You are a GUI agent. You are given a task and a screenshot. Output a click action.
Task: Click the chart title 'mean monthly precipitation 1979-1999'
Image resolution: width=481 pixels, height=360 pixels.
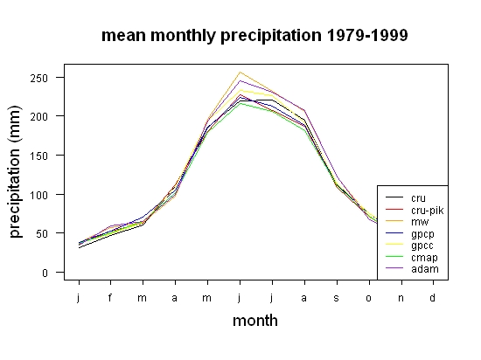coord(254,36)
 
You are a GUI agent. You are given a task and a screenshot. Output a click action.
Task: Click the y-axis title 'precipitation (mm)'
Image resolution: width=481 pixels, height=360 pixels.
coord(15,171)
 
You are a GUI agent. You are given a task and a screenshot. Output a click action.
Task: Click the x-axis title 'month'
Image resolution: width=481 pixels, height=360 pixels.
coord(255,321)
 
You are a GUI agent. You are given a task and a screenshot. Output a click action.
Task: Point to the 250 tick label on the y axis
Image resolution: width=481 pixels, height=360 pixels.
coord(39,78)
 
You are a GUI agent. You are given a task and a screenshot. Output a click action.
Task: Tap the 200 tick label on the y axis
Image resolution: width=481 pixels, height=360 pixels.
coord(39,117)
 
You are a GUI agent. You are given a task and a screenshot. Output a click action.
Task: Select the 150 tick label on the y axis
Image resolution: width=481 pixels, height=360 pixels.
coord(39,156)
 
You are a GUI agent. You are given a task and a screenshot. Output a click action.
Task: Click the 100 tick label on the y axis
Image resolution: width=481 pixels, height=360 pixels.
coord(39,195)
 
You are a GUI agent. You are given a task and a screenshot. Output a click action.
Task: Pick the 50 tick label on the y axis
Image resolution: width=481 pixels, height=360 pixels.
coord(42,234)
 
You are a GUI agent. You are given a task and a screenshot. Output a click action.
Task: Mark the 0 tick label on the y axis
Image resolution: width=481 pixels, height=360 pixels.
coord(45,273)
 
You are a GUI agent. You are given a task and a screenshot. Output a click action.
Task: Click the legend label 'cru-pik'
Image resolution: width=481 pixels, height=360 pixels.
coord(428,211)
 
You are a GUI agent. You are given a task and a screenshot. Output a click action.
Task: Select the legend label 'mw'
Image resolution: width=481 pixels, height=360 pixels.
coord(420,222)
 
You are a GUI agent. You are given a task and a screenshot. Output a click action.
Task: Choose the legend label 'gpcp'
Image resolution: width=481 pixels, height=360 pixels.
coord(422,234)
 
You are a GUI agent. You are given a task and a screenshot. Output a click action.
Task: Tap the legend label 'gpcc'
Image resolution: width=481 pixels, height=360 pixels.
coord(422,246)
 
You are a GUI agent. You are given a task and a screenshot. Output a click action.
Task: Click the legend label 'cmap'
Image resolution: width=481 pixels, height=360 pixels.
coord(424,258)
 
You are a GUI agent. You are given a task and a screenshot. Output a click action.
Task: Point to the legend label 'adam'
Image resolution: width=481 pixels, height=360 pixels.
coord(425,269)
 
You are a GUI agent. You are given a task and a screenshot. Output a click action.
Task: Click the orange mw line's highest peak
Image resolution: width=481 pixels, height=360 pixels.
coord(240,73)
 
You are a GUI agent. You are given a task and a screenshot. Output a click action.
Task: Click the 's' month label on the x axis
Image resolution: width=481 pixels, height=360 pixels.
coord(337,298)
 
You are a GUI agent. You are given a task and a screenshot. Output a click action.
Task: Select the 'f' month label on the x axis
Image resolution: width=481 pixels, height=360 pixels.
coord(110,297)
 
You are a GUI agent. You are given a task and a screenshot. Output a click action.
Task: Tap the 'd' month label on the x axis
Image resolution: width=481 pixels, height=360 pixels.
coord(432,297)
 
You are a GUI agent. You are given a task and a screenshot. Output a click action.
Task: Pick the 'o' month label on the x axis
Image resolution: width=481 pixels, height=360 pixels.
coord(368,298)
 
